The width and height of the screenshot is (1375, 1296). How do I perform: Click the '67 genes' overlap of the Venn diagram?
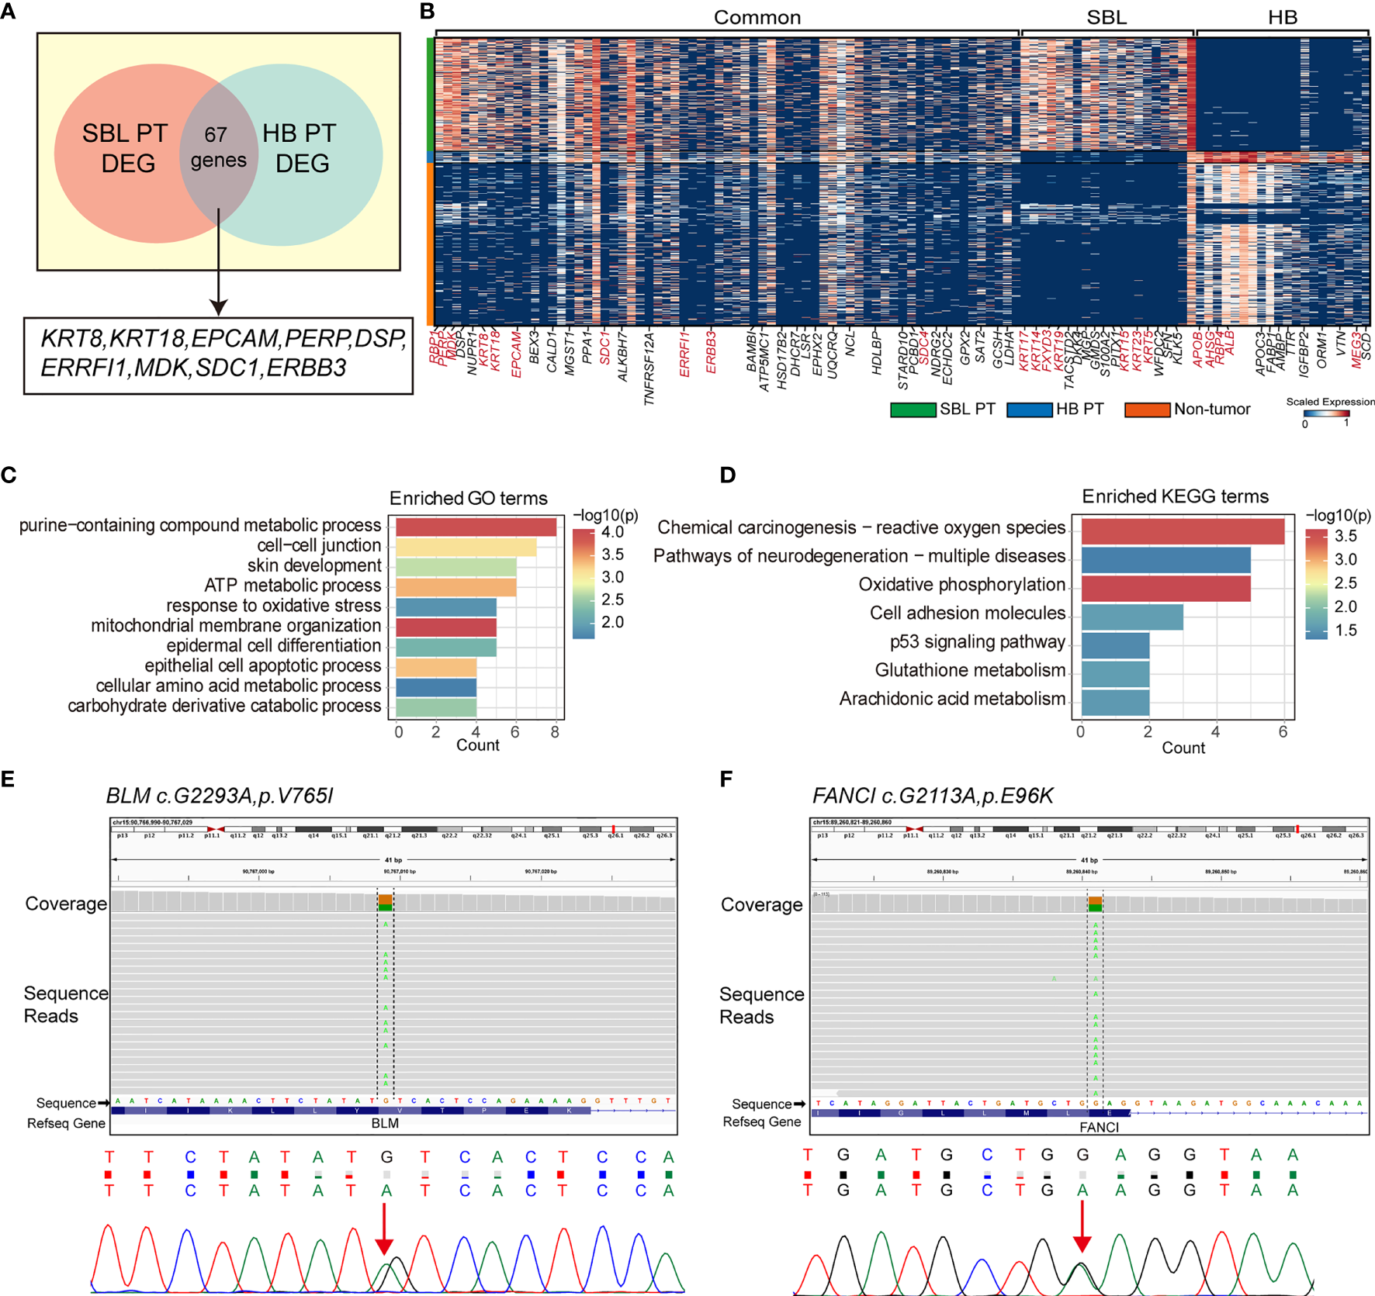(x=218, y=147)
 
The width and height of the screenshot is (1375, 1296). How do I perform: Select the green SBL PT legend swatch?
(x=913, y=410)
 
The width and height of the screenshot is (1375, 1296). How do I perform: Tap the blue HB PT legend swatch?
(x=1029, y=410)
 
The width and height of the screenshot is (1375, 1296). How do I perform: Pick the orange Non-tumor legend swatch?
(x=1147, y=410)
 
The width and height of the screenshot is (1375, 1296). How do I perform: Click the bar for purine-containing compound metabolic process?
(x=476, y=527)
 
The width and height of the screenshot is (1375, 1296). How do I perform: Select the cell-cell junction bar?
(x=466, y=547)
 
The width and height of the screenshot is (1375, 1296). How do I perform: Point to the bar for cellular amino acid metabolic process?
(x=436, y=687)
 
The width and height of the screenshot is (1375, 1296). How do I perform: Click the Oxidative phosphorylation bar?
(x=1165, y=588)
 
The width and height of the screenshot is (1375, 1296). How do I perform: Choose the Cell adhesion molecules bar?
(x=1132, y=617)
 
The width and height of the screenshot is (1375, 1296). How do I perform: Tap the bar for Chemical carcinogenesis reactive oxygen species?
(x=1183, y=531)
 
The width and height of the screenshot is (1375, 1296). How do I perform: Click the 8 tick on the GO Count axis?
(x=555, y=732)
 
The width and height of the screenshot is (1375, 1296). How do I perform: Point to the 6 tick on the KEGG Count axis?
(x=1283, y=732)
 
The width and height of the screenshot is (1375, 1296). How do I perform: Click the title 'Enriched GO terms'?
(x=468, y=498)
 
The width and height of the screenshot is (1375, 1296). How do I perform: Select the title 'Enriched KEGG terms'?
(x=1175, y=496)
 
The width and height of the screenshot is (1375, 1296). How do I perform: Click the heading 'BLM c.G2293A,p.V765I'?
(x=220, y=796)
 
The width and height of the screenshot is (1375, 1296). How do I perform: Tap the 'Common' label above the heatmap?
(x=757, y=17)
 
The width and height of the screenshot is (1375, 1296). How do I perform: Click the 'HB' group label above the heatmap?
(x=1282, y=17)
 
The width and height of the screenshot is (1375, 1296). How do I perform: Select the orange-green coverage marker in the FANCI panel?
(x=1095, y=904)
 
